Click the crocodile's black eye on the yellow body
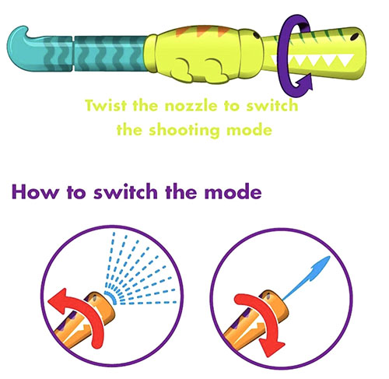click(x=256, y=34)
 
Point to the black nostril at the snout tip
click(x=354, y=36)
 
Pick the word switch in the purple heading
click(x=125, y=191)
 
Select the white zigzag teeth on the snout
click(x=313, y=61)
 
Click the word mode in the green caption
click(x=249, y=129)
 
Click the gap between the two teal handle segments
click(x=73, y=54)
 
